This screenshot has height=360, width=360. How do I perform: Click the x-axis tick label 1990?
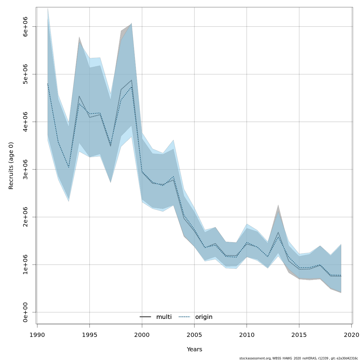point(37,334)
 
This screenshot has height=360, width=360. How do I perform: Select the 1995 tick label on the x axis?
point(89,334)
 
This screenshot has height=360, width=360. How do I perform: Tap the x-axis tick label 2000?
point(142,334)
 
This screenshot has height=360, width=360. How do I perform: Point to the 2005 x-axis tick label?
point(194,334)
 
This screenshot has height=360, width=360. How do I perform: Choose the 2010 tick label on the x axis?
point(247,334)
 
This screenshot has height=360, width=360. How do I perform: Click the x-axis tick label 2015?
point(299,334)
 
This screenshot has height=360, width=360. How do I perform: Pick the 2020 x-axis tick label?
point(351,334)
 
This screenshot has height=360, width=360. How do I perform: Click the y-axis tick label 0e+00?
point(26,312)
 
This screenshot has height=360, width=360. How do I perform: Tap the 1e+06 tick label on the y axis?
point(26,265)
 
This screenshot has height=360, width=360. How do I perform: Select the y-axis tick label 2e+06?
point(26,217)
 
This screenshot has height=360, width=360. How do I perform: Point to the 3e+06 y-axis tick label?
point(26,169)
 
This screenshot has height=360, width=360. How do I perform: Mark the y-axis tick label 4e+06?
point(26,122)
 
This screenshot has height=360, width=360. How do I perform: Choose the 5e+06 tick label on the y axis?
point(26,74)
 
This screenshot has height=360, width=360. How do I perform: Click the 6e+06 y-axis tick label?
point(26,26)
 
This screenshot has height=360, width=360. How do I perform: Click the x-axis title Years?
point(194,349)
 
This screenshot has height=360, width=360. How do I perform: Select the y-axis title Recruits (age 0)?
point(11,166)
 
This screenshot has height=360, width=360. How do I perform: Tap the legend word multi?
point(164,317)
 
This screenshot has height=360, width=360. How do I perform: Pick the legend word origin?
point(204,317)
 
